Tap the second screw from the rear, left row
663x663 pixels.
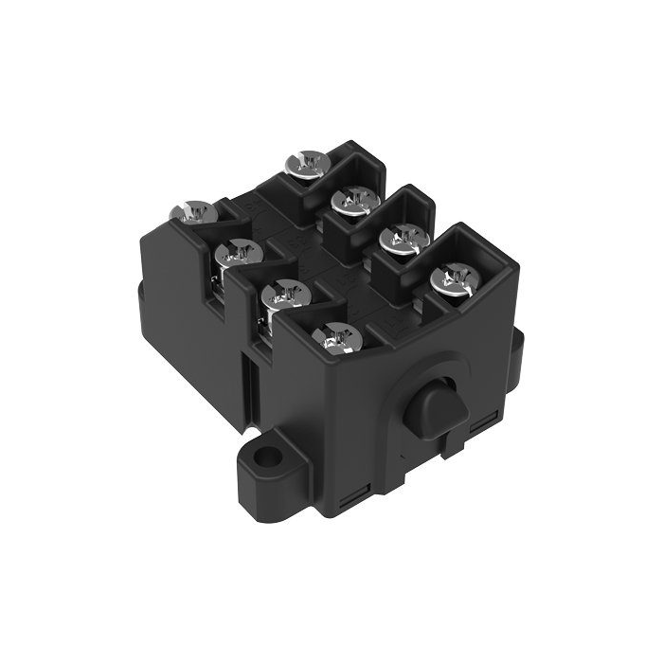[x=238, y=253]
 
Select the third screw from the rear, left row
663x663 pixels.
[x=284, y=296]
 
